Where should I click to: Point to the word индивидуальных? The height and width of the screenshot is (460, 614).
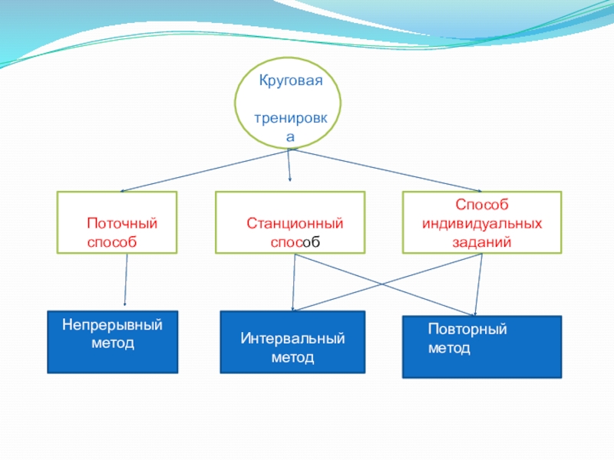(x=482, y=223)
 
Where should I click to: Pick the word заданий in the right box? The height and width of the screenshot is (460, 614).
(x=482, y=241)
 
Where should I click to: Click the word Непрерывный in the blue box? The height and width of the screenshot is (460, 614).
(x=113, y=325)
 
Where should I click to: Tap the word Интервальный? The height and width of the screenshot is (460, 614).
(x=293, y=339)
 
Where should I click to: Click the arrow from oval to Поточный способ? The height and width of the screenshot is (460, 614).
(x=203, y=170)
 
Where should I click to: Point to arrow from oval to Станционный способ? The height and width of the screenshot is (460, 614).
(x=289, y=165)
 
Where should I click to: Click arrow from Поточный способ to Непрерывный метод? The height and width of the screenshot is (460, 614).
(x=126, y=280)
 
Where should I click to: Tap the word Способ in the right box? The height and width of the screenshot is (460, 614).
(x=482, y=205)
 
